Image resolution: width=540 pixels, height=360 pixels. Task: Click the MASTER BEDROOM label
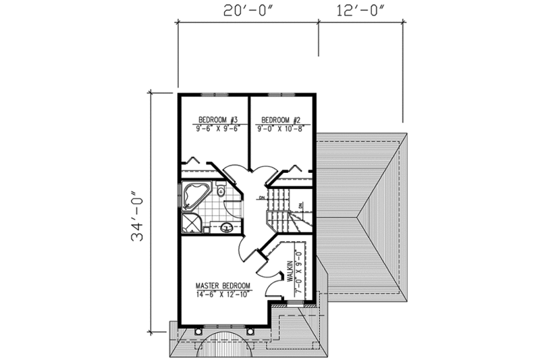click(x=223, y=285)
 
